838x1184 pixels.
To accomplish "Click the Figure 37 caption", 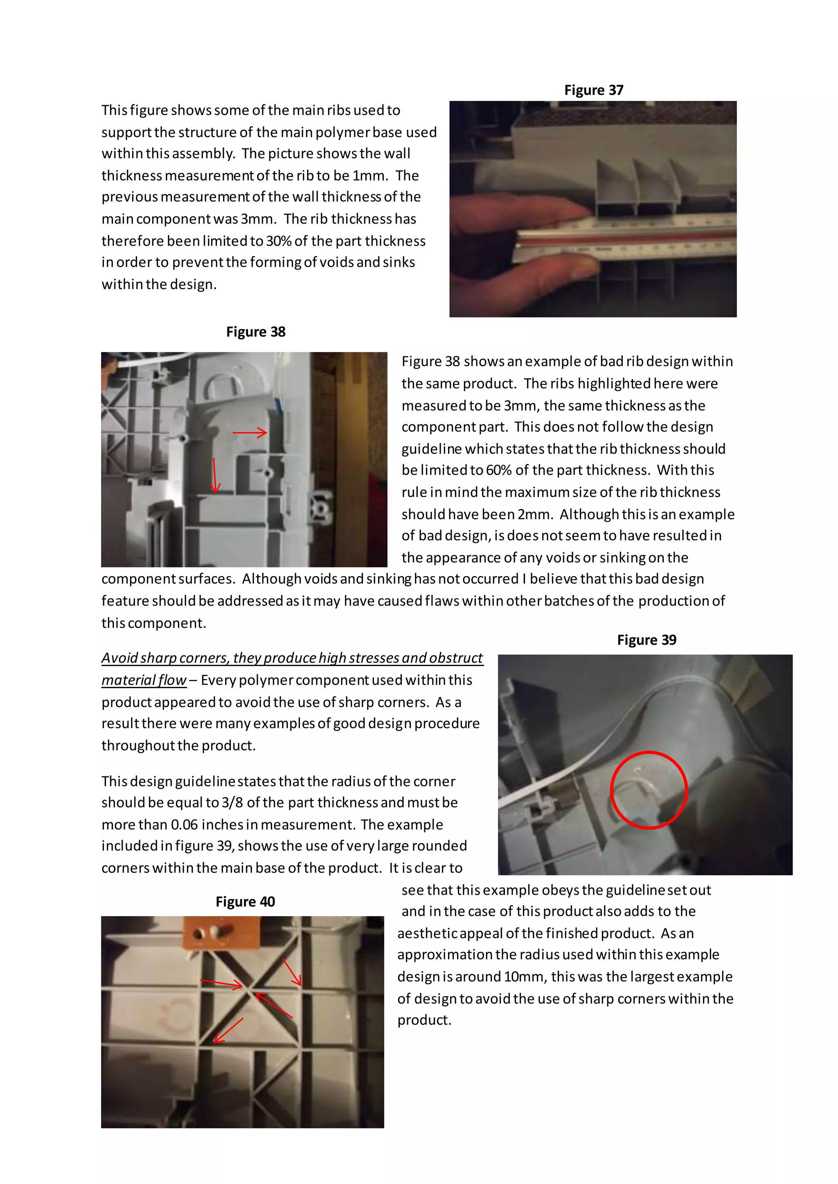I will pos(593,90).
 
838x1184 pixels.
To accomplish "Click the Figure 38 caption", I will pos(255,332).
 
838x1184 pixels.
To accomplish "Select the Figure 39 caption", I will pos(646,640).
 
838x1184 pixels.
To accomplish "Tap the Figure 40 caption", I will pos(245,901).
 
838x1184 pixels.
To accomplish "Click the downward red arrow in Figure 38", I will pos(215,475).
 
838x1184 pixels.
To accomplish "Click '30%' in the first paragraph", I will pos(279,241).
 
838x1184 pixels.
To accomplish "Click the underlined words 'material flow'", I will pos(144,681).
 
